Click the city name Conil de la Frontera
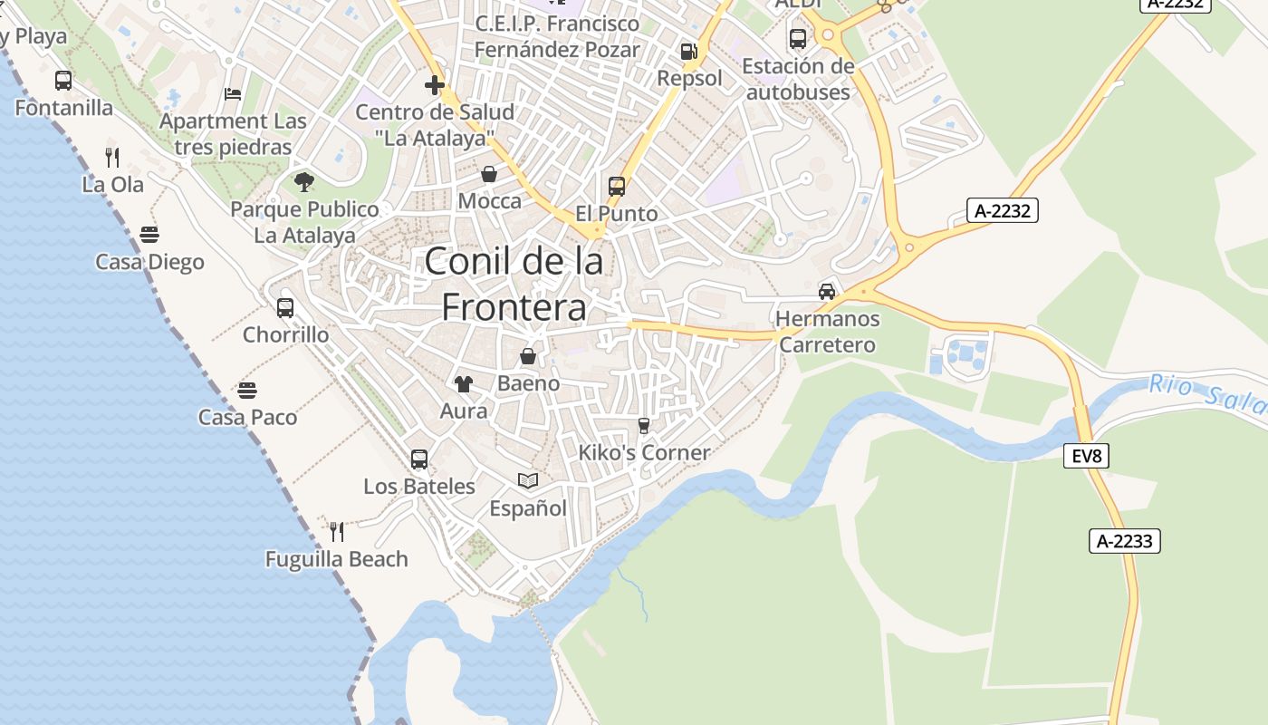[x=514, y=285]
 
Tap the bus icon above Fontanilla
[x=63, y=81]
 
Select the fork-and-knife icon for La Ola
[x=112, y=157]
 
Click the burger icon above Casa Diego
[x=149, y=236]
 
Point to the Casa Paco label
[x=247, y=418]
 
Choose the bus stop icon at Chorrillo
[x=285, y=308]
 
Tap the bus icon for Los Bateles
[x=418, y=459]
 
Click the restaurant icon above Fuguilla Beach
[x=337, y=531]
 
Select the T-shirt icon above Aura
[x=464, y=383]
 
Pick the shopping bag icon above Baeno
[x=528, y=356]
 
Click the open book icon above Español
[x=528, y=480]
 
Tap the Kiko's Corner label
[x=644, y=452]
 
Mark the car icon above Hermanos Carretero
[x=827, y=292]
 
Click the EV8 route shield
[x=1086, y=456]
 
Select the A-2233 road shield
[x=1124, y=541]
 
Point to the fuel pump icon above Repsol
[x=689, y=52]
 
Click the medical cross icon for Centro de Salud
[x=435, y=85]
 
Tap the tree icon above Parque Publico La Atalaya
[x=304, y=182]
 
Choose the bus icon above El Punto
[x=617, y=187]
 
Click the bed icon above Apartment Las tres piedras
[x=233, y=94]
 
